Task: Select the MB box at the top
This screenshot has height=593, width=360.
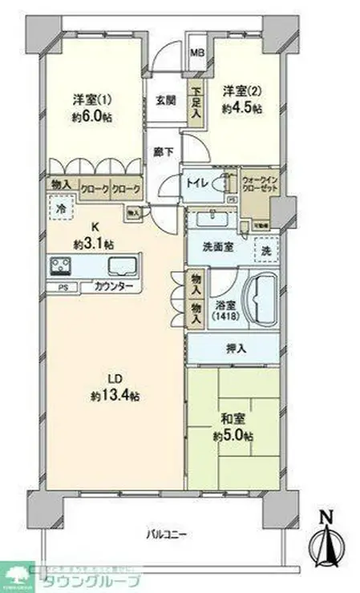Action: (196, 54)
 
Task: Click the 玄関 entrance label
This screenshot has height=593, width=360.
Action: (165, 101)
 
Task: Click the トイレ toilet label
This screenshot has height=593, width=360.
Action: (197, 183)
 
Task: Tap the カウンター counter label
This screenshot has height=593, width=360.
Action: (108, 286)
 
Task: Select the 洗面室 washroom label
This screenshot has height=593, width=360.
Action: (217, 248)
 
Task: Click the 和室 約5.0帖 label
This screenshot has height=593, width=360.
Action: (232, 427)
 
